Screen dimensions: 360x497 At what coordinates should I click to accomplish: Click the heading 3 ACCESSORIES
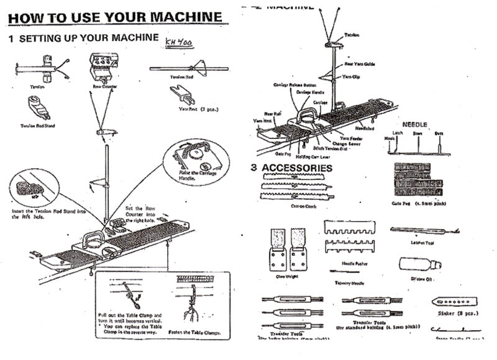point(291,168)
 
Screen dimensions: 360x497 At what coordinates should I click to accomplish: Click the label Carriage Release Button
point(293,84)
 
